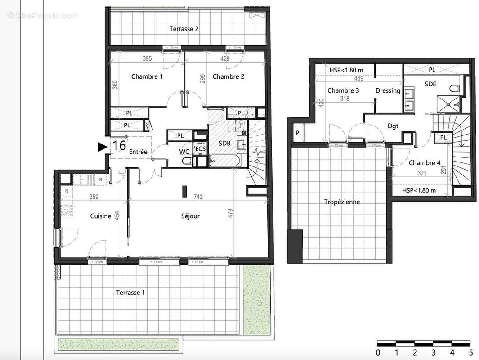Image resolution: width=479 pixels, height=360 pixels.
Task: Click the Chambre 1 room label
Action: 147,76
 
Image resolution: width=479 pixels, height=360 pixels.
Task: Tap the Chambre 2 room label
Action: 228,76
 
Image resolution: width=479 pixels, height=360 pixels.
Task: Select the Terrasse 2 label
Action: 184,29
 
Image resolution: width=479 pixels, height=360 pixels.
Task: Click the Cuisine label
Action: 100,216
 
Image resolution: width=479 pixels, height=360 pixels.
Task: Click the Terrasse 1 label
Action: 130,292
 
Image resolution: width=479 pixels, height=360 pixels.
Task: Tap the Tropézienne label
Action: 342,202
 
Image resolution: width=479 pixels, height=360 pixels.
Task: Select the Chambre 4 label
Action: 424,163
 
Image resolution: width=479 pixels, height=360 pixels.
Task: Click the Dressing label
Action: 388,90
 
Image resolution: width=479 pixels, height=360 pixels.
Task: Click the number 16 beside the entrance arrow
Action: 119,146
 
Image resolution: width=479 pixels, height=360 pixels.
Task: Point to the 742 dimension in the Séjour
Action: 198,197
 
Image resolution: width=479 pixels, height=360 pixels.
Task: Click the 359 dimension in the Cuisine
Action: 94,197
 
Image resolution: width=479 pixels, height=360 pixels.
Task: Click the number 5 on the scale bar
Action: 470,352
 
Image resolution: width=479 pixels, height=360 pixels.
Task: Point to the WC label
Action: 184,152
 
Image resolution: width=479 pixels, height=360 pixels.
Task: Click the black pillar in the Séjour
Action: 184,191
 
